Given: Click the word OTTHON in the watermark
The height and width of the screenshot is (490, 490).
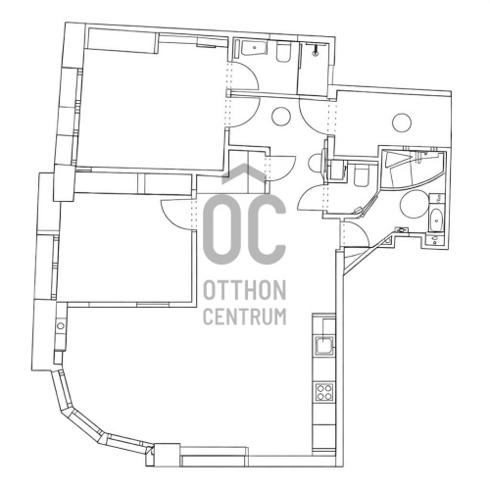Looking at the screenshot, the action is tap(244, 290).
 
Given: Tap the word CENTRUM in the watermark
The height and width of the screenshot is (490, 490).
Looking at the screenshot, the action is tap(244, 316).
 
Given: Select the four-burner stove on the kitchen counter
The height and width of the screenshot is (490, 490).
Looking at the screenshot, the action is tap(324, 392).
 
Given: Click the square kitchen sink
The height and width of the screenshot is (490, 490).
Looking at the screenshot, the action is tap(324, 346).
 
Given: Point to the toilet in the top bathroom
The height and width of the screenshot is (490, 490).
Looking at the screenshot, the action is tap(283, 53).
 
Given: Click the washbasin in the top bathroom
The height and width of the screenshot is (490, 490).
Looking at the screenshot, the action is tap(255, 48).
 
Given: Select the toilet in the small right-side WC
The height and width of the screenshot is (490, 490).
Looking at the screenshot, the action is tap(362, 176).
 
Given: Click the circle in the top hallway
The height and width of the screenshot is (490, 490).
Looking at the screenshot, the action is tap(281, 118).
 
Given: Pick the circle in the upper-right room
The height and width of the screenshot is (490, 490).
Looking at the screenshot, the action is tap(402, 122).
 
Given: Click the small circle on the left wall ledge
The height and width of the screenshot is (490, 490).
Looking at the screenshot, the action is tap(61, 325).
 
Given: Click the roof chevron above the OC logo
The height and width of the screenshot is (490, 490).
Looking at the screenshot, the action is tap(244, 173).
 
